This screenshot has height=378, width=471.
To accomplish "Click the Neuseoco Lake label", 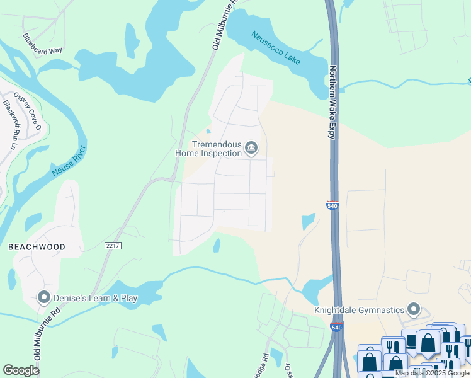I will click(276, 49).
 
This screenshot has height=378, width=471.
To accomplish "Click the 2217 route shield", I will click(113, 246).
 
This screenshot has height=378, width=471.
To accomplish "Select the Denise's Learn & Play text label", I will click(96, 298).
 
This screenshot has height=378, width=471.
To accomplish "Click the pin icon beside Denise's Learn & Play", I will click(44, 297).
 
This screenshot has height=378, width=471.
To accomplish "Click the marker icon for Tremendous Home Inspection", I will click(251, 148).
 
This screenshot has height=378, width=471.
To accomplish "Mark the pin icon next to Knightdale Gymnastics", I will click(413, 309).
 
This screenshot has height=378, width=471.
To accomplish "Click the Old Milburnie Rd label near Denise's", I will click(38, 340).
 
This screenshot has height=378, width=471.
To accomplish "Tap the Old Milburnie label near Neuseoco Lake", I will click(223, 25).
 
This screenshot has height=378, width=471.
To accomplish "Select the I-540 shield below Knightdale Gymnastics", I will click(337, 327).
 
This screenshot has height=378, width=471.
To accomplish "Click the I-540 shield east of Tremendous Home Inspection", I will click(332, 205).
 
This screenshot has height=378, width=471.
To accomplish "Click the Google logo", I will click(21, 370).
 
